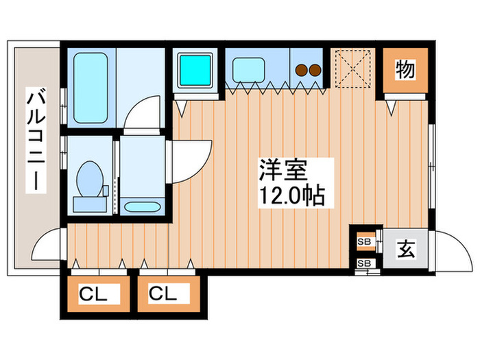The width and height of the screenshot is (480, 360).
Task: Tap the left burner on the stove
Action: [301, 69]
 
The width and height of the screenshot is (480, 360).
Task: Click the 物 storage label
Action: [405, 69]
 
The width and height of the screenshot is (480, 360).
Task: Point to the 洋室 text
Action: [278, 169]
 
